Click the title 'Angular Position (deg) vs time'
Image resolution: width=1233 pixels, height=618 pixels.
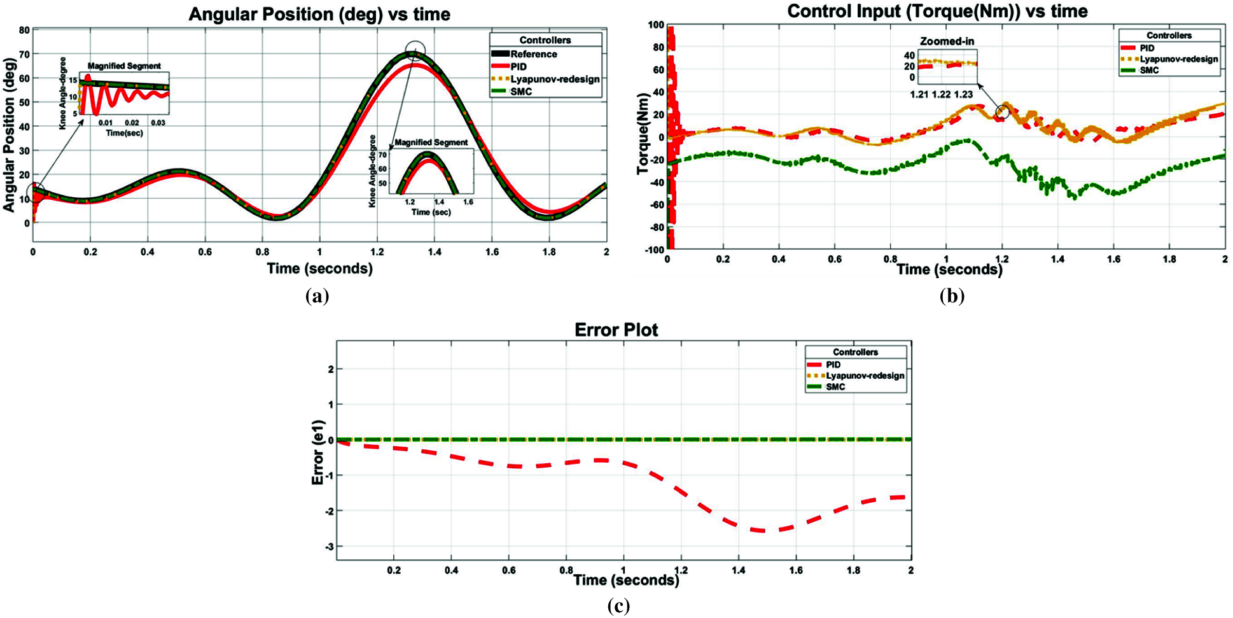point(319,15)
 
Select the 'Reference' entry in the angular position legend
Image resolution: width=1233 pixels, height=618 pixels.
point(533,54)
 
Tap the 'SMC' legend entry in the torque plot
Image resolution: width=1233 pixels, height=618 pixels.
point(1149,70)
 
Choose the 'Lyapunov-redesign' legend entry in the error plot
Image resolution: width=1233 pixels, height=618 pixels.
point(865,376)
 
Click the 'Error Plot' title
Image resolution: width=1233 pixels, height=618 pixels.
point(616,330)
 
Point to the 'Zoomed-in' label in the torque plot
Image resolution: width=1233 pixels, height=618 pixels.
point(947,41)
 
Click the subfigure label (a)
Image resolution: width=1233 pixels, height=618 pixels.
point(317,296)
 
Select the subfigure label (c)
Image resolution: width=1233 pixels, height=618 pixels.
point(618,606)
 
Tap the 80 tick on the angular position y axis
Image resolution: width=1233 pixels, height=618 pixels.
point(24,30)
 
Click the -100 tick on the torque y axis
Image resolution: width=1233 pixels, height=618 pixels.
point(654,250)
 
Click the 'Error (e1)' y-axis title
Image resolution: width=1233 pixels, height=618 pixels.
point(317,453)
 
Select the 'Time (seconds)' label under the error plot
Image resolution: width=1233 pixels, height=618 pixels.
point(626,580)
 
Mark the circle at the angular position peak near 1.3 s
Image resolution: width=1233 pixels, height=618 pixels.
point(415,50)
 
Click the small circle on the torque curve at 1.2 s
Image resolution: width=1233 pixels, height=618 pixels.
point(1002,113)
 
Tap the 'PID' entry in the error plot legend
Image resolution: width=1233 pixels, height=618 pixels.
point(833,365)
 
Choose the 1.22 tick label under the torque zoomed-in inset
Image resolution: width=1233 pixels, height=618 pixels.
point(941,94)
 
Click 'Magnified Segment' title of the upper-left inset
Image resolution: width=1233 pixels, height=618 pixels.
point(124,66)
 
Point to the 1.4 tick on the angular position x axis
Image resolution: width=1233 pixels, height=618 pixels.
point(434,252)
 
